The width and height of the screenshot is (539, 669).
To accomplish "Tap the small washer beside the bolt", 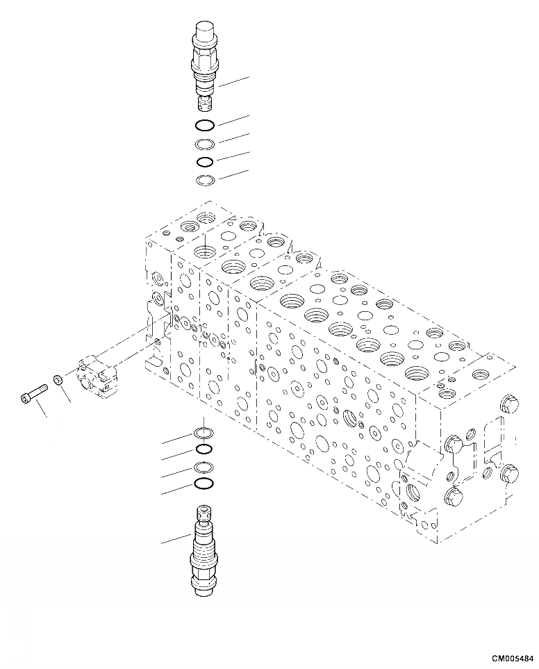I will click(x=56, y=381).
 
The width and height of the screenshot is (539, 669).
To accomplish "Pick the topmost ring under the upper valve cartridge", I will click(x=205, y=126).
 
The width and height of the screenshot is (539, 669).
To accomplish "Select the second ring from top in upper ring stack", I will click(x=205, y=144).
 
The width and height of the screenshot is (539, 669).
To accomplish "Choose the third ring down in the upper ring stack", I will click(x=205, y=163).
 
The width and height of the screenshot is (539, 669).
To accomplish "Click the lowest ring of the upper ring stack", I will click(x=205, y=181).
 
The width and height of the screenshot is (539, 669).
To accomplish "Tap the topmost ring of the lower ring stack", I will click(x=203, y=433).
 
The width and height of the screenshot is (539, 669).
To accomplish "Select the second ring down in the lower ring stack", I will click(x=203, y=449).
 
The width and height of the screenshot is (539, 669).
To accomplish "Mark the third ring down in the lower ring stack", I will click(x=203, y=467).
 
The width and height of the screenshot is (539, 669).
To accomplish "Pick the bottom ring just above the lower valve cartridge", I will click(x=203, y=484).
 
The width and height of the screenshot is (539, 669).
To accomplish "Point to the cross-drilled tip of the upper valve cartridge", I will click(x=204, y=106).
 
